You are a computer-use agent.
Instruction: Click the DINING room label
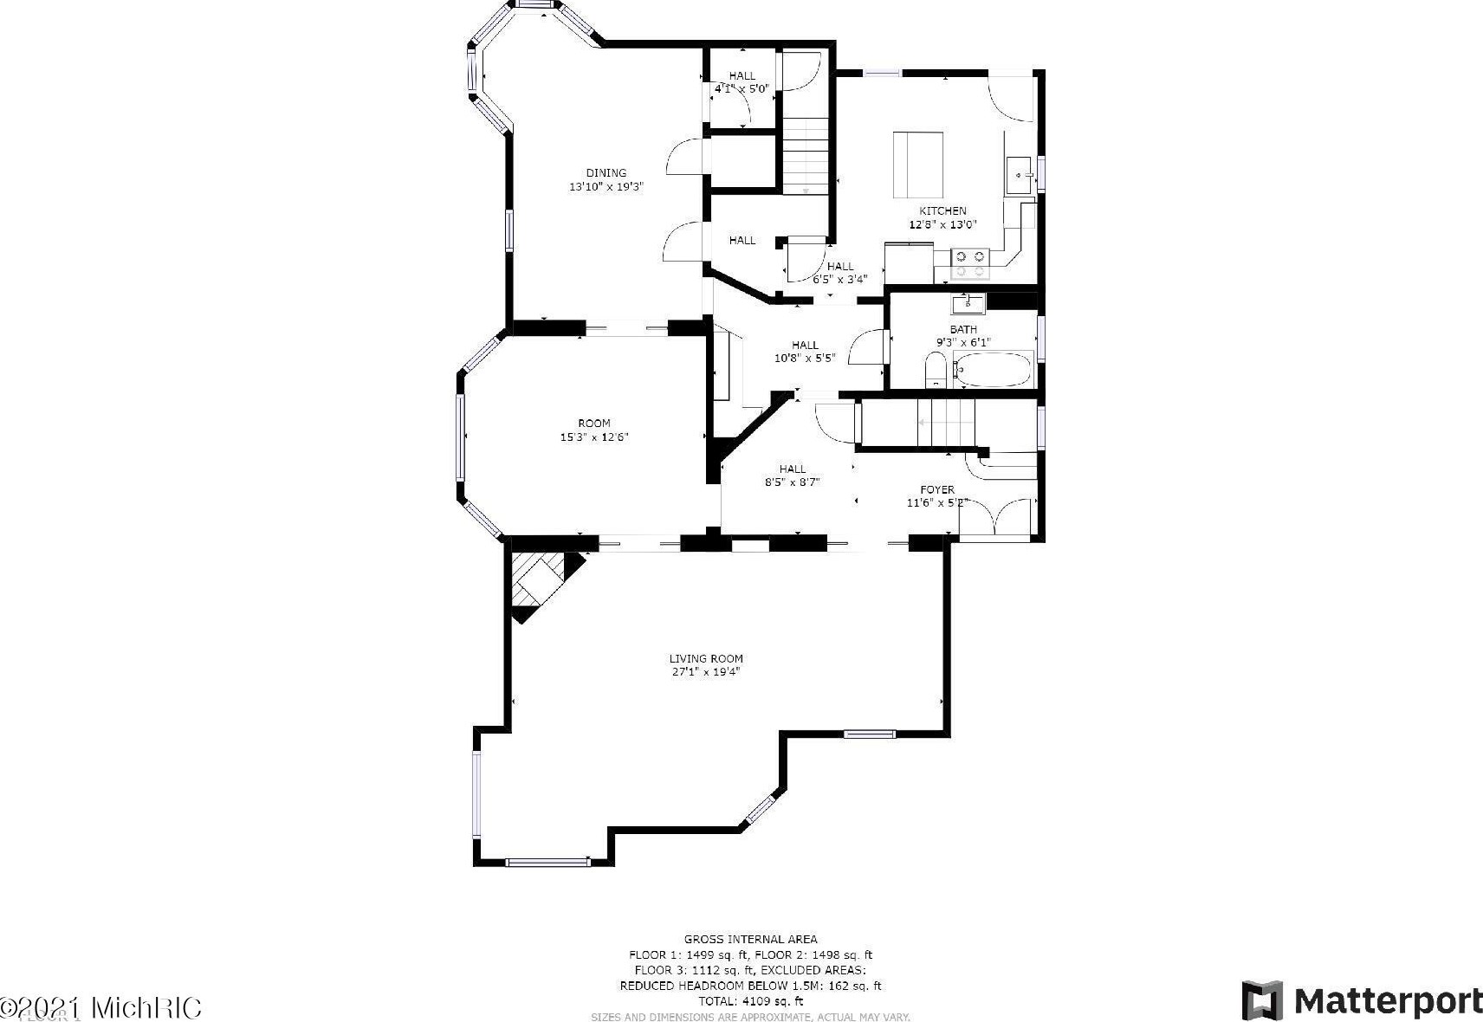tap(606, 172)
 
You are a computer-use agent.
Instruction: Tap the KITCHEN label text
tap(942, 210)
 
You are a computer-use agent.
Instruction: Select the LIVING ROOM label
tap(706, 658)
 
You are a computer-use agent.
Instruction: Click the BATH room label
tap(963, 329)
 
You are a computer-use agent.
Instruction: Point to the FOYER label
tap(937, 489)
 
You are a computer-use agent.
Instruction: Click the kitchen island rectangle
tap(918, 165)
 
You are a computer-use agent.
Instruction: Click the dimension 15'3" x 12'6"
tap(594, 437)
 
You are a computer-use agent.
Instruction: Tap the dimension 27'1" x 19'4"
tap(706, 671)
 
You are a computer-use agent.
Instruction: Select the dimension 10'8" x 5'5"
tap(805, 358)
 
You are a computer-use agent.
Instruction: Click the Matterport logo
tap(1362, 1000)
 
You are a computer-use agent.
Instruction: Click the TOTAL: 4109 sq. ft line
tap(750, 1001)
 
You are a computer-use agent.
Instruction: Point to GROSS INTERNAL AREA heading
tap(750, 939)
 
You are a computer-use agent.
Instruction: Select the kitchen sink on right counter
tap(1020, 175)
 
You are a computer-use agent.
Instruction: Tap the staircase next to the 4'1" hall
tap(806, 156)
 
